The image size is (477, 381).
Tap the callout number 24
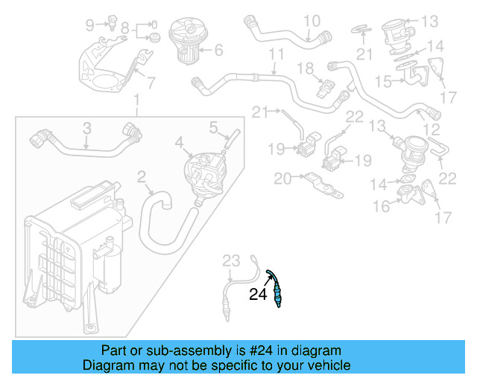click(x=258, y=295)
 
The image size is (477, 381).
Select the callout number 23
click(x=232, y=260)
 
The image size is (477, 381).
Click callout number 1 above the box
click(x=136, y=100)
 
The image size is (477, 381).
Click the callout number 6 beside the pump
click(x=218, y=51)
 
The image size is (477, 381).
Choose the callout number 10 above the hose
click(x=150, y=83)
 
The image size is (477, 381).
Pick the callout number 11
click(x=277, y=55)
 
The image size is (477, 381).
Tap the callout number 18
click(x=306, y=68)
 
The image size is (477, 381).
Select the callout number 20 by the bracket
click(x=282, y=178)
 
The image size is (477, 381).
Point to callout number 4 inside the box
click(x=179, y=141)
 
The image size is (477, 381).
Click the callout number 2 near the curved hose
click(x=141, y=177)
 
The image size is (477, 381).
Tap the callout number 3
click(x=86, y=129)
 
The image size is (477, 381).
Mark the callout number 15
click(x=384, y=80)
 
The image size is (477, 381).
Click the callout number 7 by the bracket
click(x=150, y=83)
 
